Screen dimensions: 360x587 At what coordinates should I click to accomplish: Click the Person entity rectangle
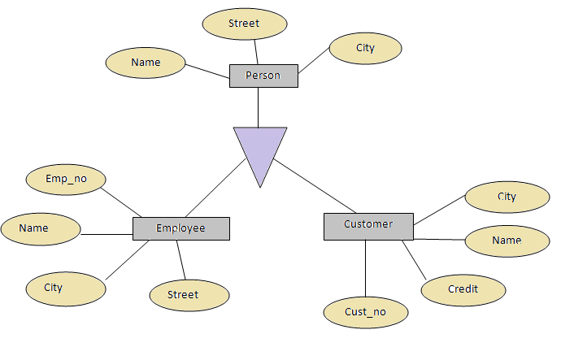[x=263, y=76]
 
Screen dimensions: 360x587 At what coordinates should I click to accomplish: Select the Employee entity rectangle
[x=180, y=228]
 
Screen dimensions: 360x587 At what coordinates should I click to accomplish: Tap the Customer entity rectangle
[x=368, y=226]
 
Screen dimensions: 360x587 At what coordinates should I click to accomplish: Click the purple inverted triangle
[x=260, y=151]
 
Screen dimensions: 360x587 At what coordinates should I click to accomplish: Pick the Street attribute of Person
[x=244, y=24]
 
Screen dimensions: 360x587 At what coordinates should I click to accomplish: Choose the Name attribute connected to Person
[x=146, y=63]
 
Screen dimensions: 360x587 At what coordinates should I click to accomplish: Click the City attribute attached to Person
[x=365, y=48]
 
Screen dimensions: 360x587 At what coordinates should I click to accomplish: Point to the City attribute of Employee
[x=66, y=288]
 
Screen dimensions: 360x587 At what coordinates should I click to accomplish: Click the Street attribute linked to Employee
[x=189, y=295]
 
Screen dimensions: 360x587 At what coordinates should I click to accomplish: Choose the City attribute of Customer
[x=507, y=197]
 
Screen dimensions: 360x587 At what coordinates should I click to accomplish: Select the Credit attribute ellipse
[x=463, y=289]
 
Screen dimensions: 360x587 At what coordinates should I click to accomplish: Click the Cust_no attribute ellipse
[x=365, y=312]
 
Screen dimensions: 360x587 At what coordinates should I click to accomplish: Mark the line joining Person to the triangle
[x=259, y=107]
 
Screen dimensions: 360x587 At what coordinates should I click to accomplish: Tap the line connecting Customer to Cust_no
[x=365, y=268]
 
